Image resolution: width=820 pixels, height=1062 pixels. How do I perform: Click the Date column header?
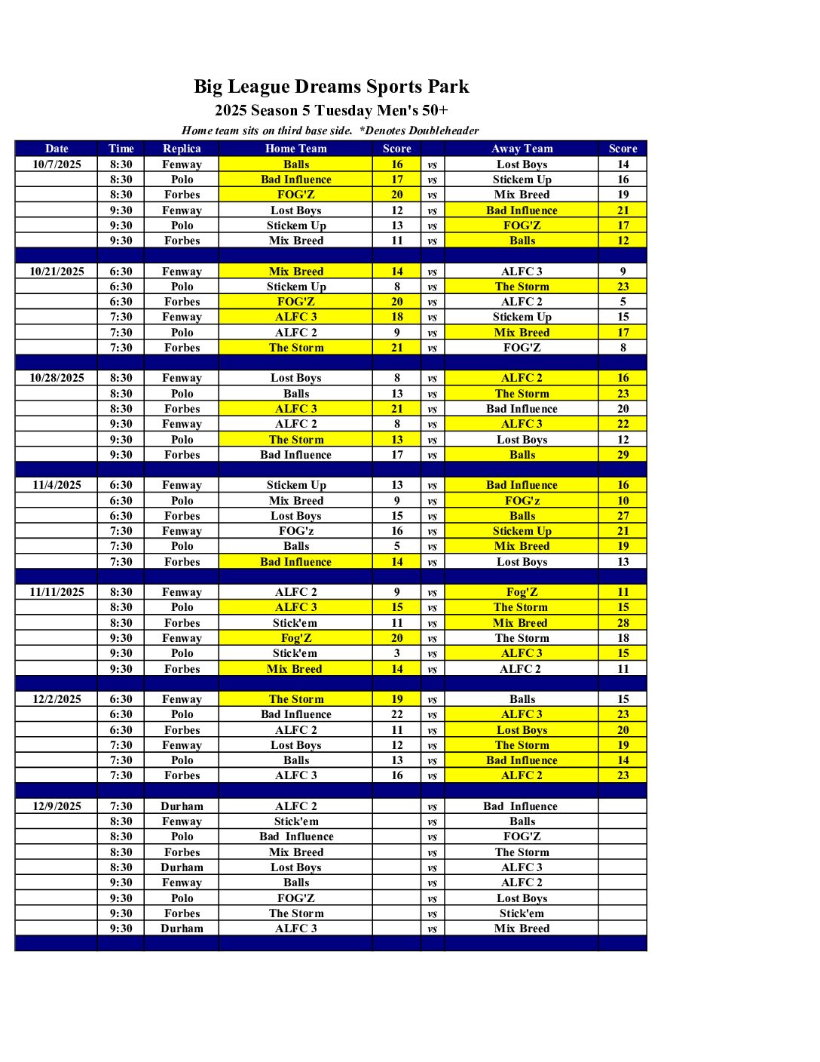click(x=57, y=149)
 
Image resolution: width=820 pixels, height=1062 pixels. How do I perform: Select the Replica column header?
click(x=182, y=149)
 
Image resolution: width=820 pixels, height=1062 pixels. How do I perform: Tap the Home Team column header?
click(x=295, y=149)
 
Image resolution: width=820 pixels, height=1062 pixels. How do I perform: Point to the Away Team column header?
click(x=522, y=149)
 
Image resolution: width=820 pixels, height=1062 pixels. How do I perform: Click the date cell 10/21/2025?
click(x=57, y=272)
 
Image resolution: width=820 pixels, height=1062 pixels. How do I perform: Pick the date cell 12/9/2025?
click(x=57, y=806)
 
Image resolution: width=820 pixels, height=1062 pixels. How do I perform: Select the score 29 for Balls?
click(x=623, y=455)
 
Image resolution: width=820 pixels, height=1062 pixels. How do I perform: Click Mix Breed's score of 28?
click(x=623, y=623)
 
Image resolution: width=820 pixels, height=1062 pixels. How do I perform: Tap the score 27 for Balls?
click(x=623, y=516)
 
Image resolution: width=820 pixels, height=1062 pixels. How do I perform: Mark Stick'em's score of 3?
click(x=397, y=653)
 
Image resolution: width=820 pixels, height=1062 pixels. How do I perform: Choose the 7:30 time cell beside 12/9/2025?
click(x=121, y=806)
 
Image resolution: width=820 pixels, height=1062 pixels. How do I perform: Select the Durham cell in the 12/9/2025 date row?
click(x=182, y=806)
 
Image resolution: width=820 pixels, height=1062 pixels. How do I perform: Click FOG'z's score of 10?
click(x=623, y=501)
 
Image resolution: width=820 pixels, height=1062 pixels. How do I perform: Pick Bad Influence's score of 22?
click(x=397, y=714)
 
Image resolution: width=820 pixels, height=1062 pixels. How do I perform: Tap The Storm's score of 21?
click(x=397, y=348)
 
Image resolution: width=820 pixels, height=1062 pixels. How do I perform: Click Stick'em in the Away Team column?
click(x=522, y=913)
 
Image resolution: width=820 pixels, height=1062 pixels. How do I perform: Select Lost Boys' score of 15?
click(x=397, y=516)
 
